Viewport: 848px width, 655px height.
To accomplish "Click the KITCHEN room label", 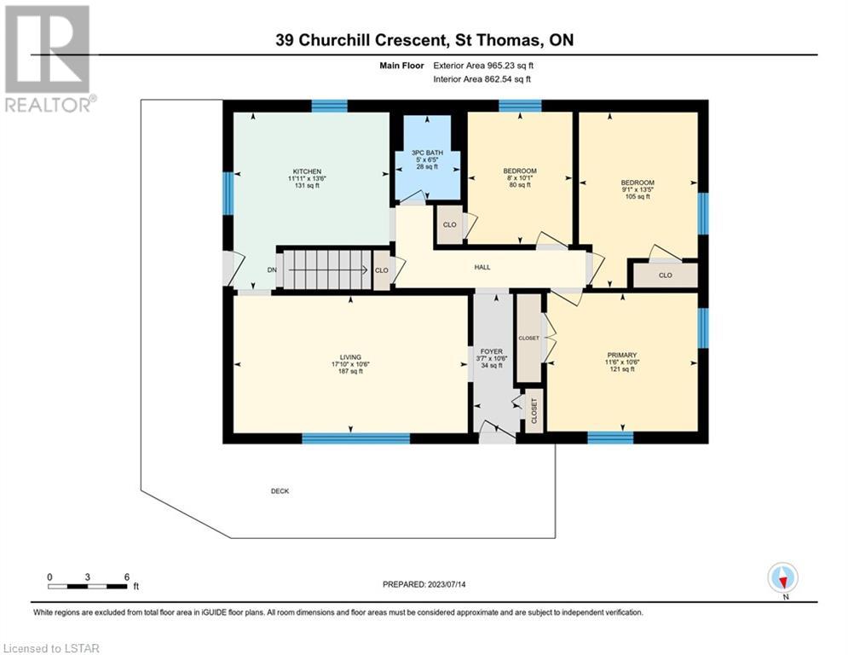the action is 307,171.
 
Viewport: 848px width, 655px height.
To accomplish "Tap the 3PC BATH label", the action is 427,153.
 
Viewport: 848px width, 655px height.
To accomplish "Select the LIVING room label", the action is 350,357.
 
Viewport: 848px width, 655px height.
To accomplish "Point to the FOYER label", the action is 492,351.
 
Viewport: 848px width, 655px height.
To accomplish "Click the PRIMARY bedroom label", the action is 622,355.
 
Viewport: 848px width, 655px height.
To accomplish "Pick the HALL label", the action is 482,267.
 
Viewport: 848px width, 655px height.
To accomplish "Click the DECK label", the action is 280,491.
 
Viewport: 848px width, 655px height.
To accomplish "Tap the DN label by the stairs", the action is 272,270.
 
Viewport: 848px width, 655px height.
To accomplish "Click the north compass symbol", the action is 782,577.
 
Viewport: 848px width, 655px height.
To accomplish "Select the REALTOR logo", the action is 48,59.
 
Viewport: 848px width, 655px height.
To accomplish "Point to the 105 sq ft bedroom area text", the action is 637,196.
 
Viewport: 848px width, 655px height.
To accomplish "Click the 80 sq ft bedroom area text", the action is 520,184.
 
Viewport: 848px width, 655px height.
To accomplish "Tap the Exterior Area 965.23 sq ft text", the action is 483,66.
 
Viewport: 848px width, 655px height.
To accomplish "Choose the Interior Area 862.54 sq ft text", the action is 482,79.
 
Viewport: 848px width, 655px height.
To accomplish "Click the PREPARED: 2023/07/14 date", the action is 424,584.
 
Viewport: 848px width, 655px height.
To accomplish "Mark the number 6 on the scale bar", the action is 127,577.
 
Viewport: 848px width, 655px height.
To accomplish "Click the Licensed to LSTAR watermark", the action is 51,648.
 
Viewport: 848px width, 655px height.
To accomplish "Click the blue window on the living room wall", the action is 356,438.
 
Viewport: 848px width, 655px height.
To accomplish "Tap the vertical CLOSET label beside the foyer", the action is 534,411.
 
